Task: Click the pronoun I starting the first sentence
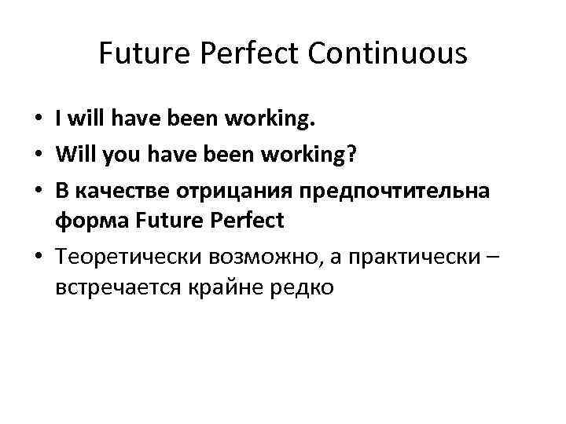[x=59, y=120]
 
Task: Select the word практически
[x=392, y=256]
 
